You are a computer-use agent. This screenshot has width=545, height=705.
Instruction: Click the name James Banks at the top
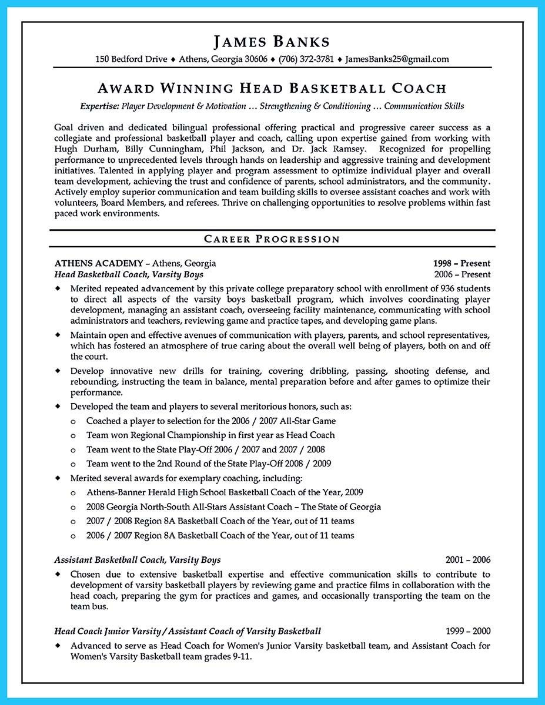272,42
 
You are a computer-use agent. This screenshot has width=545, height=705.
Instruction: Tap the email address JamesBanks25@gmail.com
397,59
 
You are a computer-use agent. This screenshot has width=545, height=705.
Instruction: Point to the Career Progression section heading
272,239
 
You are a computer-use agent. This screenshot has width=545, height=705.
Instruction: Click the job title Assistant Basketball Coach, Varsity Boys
138,560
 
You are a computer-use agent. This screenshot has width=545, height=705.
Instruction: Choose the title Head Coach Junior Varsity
107,631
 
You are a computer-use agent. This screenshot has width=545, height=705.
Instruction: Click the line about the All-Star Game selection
211,421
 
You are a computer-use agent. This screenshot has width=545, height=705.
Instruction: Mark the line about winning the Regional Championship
210,435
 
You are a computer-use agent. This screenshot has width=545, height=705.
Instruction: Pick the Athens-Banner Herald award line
225,492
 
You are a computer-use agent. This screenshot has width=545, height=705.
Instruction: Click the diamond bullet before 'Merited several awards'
58,478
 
